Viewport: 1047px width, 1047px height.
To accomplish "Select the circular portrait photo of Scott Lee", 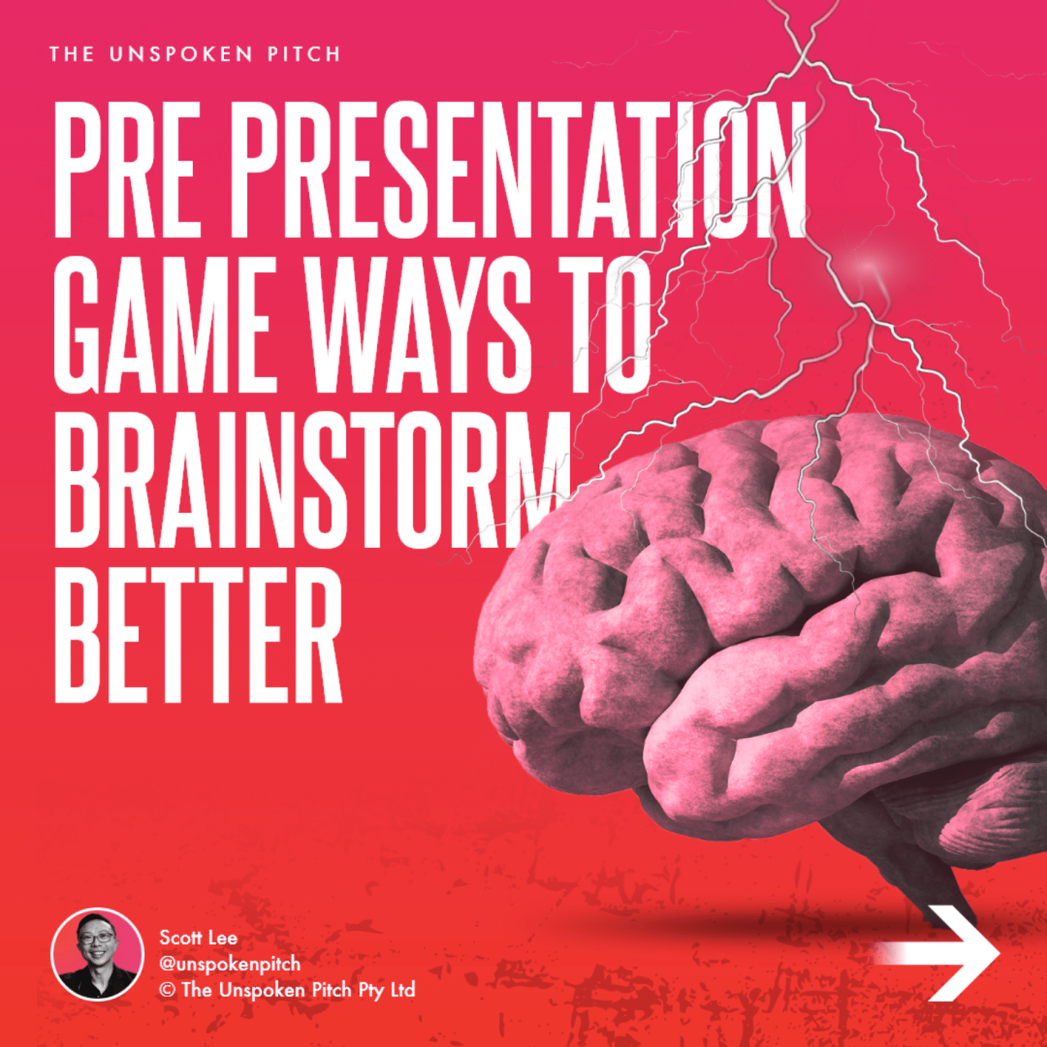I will [x=97, y=954].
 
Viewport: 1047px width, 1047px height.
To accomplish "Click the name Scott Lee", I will [x=198, y=937].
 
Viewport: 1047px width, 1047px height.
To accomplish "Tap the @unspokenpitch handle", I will [x=230, y=964].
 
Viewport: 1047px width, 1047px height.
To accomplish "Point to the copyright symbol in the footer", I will [x=168, y=991].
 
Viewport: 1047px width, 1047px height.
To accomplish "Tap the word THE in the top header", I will [x=72, y=55].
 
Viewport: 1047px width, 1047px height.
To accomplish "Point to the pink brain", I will [x=761, y=622].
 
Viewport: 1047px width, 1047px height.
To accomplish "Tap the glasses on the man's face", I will [x=97, y=938].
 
